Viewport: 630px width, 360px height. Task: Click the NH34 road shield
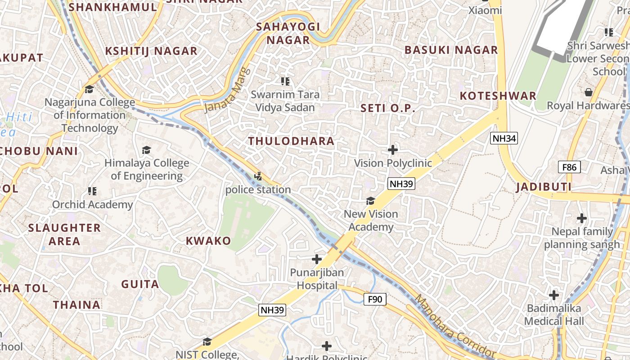504,138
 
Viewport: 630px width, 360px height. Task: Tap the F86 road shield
569,167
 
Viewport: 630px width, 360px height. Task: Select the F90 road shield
374,299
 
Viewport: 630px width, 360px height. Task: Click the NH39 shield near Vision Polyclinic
401,184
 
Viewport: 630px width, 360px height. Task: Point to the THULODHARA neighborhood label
291,141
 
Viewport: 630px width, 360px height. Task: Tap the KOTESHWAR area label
498,96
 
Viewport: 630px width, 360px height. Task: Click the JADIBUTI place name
544,187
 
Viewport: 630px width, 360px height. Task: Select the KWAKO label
208,241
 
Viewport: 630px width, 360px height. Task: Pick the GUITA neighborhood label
140,284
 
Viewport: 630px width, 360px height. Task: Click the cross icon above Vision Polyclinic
393,150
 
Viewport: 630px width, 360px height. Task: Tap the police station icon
258,176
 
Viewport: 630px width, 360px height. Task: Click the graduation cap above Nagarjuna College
89,89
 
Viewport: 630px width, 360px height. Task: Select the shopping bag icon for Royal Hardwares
588,93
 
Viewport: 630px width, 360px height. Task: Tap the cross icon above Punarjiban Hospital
317,259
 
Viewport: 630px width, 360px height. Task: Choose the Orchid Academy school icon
92,191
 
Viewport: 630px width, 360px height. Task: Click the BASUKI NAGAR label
451,50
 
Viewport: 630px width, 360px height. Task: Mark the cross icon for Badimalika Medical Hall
554,295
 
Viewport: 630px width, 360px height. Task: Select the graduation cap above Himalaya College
146,149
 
